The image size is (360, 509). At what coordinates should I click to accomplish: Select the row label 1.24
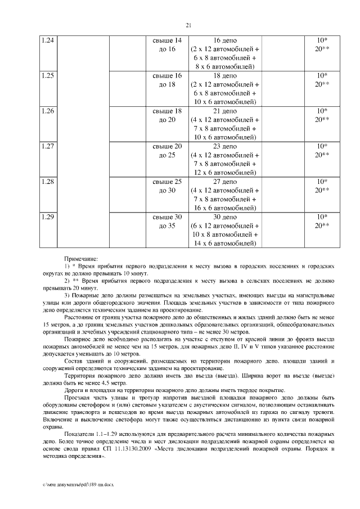click(x=48, y=41)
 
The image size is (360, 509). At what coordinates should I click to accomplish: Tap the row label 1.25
click(x=48, y=75)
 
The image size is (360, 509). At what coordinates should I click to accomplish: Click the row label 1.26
click(x=48, y=111)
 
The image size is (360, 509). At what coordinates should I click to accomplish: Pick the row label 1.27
click(x=48, y=146)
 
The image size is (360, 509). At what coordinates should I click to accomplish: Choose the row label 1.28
click(x=48, y=182)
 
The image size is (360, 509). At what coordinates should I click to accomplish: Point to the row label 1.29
click(x=48, y=217)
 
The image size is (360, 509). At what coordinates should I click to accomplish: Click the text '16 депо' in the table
click(x=225, y=41)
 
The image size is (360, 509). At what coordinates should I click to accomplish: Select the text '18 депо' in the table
click(x=225, y=75)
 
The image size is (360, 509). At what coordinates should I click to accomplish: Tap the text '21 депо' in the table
click(x=225, y=111)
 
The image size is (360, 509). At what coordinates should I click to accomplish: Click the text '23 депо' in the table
click(x=225, y=146)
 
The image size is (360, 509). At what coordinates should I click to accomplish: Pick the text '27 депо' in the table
click(x=225, y=182)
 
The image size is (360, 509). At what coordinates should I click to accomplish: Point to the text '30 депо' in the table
click(x=225, y=217)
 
